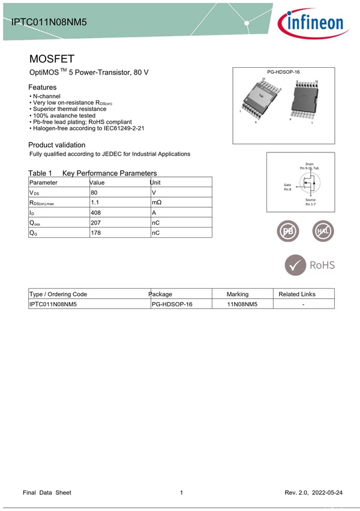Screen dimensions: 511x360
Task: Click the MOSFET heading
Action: tap(52, 59)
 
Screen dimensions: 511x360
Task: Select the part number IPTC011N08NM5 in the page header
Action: tap(49, 22)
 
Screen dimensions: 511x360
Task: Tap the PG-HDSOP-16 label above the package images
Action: tap(283, 72)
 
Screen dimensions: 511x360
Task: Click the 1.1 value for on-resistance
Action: tap(95, 202)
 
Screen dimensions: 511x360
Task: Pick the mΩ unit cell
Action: tap(157, 203)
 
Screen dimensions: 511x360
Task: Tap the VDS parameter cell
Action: tap(35, 193)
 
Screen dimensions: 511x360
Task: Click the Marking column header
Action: tap(238, 294)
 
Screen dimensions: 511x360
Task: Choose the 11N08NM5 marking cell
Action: tap(242, 304)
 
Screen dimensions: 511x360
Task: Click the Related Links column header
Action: tap(297, 294)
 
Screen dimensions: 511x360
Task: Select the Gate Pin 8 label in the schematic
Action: tap(287, 187)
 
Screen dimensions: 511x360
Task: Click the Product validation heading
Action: tap(57, 145)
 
